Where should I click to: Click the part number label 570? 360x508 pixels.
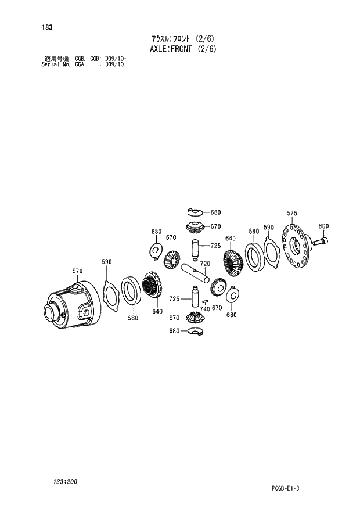coord(77,271)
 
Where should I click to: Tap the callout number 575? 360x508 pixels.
coord(291,214)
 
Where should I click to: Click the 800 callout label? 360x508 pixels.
coord(323,226)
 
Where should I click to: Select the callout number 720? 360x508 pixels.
coord(204,264)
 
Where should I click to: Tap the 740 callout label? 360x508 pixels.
coord(205,309)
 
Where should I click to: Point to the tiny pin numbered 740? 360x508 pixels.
coord(206,300)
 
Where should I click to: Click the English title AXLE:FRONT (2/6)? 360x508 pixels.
coord(183,49)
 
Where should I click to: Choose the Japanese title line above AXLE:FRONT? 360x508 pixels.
coord(183,38)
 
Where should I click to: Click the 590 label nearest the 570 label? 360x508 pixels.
coord(106,262)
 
